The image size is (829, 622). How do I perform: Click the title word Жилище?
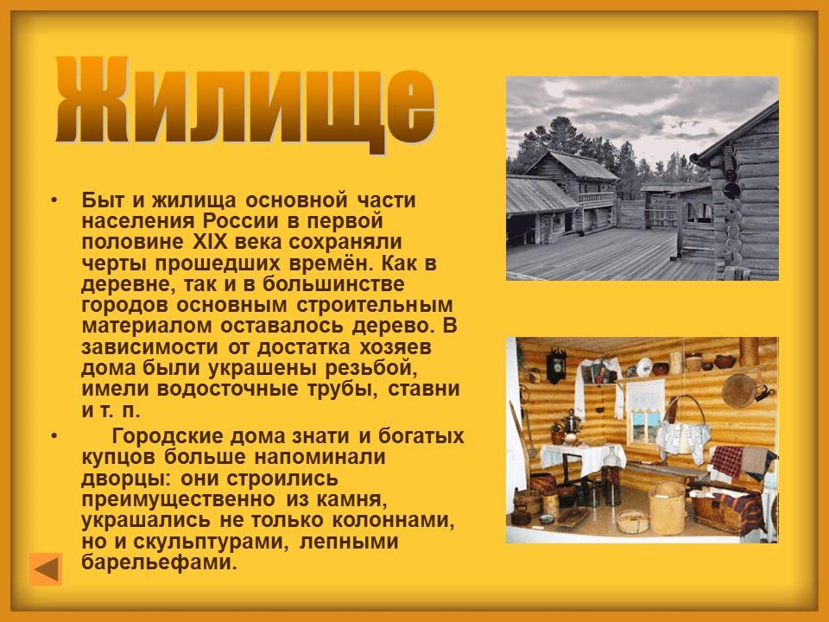[245, 103]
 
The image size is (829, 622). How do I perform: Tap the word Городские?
[174, 436]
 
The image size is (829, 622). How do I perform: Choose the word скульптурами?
[226, 543]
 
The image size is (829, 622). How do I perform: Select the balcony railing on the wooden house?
[596, 197]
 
